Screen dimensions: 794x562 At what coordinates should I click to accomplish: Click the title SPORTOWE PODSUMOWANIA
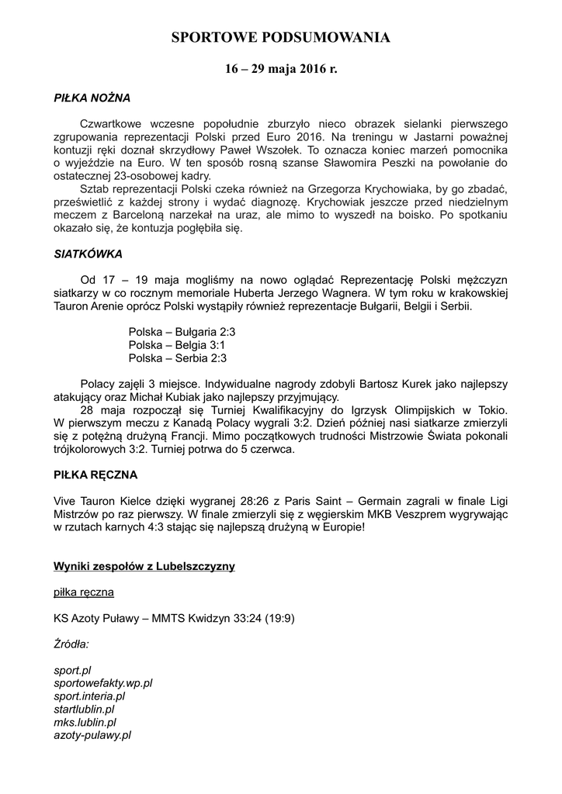coord(280,37)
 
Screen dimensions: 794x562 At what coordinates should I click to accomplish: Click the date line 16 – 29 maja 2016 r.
coord(281,69)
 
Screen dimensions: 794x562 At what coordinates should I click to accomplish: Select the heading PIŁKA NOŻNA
coord(92,98)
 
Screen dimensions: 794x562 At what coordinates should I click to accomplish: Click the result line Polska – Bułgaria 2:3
coord(182,331)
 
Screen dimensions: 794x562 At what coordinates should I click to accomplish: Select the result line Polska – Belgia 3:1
coord(177,344)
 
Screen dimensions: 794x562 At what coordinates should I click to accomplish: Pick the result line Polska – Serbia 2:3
coord(178,358)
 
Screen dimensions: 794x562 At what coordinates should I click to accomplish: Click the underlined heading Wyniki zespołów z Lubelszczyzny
coord(144,566)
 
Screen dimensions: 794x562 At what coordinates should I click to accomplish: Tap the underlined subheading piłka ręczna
coord(84,592)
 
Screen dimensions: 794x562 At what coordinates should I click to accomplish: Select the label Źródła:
coord(71,644)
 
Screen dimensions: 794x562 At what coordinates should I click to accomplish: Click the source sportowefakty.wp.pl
coord(103,682)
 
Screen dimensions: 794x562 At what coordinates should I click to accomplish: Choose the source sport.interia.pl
coord(89,696)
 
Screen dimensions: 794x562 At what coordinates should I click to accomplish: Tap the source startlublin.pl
coord(84,709)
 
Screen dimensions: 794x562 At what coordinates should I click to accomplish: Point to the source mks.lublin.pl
coord(85,722)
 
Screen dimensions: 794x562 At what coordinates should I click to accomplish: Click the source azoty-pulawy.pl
coord(92,735)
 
